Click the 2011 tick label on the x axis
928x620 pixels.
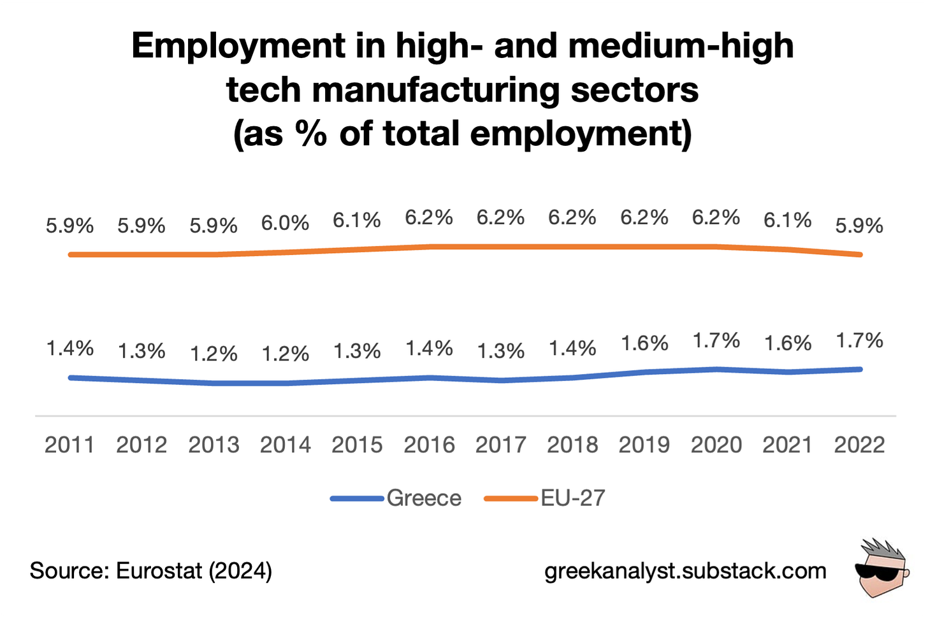pos(69,445)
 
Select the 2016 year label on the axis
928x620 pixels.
pos(429,445)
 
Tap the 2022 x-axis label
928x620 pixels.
pos(860,445)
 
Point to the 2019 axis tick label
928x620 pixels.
pos(644,445)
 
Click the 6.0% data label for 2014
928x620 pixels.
pos(285,223)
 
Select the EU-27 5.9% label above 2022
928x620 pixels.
pos(860,226)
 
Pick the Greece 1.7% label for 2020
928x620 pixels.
pos(716,341)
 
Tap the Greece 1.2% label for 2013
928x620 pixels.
pos(214,354)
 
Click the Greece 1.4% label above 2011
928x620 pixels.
pos(69,349)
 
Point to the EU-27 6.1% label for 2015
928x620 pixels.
pos(357,220)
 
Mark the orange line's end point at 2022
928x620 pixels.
pos(860,255)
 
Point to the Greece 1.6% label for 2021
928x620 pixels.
pos(788,343)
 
